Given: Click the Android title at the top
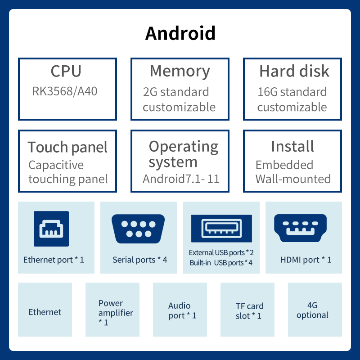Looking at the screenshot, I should (x=180, y=34).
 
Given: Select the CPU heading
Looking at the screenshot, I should (x=66, y=72).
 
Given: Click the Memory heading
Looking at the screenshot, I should (x=180, y=72).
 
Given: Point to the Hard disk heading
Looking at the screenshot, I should (x=294, y=72).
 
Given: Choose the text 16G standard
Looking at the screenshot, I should (x=292, y=92).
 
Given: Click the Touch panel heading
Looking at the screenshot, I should (x=67, y=147).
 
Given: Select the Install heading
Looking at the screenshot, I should (x=292, y=147).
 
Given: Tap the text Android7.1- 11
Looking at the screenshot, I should (x=181, y=179).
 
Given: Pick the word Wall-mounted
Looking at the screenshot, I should (x=293, y=179).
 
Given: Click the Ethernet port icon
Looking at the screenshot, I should (x=51, y=229).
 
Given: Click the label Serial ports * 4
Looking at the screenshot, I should (x=139, y=260).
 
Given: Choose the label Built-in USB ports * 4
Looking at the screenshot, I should (x=221, y=263).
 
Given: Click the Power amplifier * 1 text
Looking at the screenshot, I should (x=116, y=313).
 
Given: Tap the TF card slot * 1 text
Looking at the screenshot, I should (x=249, y=311).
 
